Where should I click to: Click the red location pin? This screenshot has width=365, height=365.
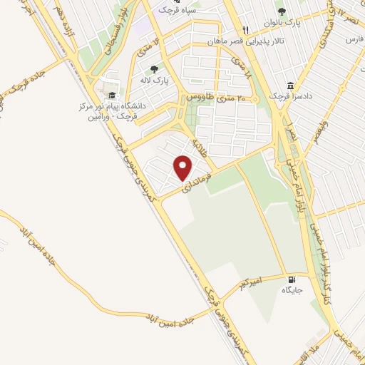pos(183,168)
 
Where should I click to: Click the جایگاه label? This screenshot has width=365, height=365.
pos(292,290)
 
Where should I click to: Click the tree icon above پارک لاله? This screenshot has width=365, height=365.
pos(154,69)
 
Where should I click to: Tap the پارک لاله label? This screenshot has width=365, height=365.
pos(155,81)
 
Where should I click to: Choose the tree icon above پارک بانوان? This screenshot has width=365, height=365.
pos(282,11)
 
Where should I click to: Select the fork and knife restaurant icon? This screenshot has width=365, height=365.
pos(246,30)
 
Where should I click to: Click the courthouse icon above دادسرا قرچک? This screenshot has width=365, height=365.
pos(290,84)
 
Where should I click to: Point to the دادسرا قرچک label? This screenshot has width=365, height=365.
pos(289,96)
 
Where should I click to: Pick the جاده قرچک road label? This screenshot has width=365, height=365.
pos(26,83)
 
